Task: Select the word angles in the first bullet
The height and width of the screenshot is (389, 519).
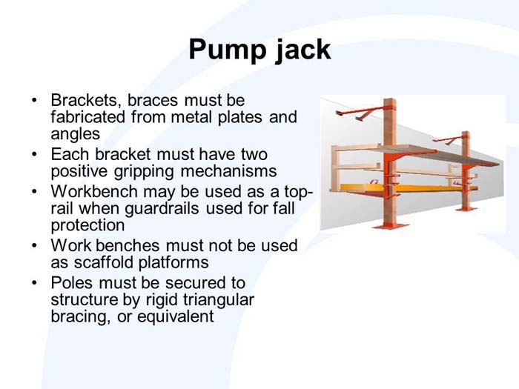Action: click(x=75, y=134)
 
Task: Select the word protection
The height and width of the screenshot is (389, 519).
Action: click(x=87, y=225)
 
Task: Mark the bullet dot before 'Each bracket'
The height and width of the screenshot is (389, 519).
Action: click(x=33, y=154)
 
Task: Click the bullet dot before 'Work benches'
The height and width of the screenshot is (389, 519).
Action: click(x=33, y=246)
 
